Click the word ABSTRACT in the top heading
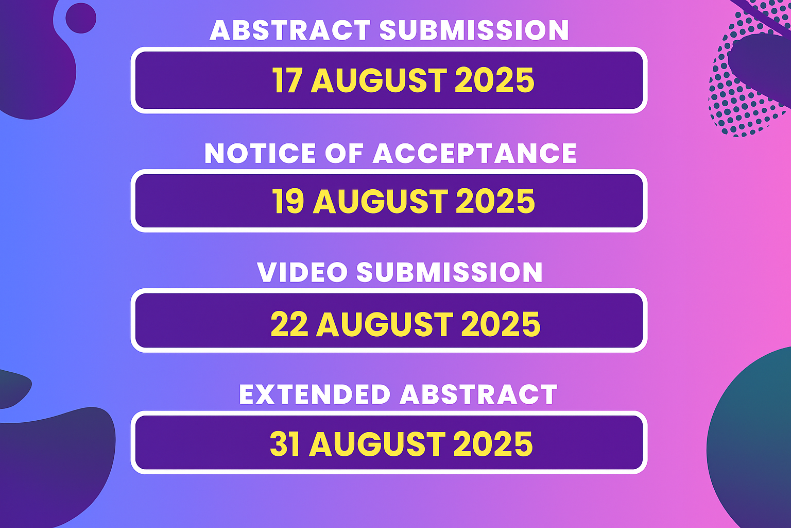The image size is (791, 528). coord(290,30)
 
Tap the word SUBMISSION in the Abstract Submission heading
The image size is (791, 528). coord(474,30)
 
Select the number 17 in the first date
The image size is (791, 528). coord(287,80)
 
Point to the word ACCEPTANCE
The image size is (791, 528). coord(475,153)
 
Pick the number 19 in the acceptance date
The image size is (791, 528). coord(288,201)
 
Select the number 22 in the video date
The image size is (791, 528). coord(289,324)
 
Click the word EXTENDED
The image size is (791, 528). coord(315,394)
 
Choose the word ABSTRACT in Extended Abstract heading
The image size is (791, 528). coord(478,394)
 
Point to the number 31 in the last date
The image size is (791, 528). coord(285,444)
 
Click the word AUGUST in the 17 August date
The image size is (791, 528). coord(379,80)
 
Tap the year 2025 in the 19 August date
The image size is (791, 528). coord(495,201)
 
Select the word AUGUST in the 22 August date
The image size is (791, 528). coord(385,324)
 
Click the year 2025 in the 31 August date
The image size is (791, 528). coord(493,444)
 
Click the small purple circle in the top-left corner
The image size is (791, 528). coord(81,18)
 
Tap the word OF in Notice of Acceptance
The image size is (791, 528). coord(345,153)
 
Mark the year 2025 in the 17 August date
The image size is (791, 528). coord(495,80)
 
